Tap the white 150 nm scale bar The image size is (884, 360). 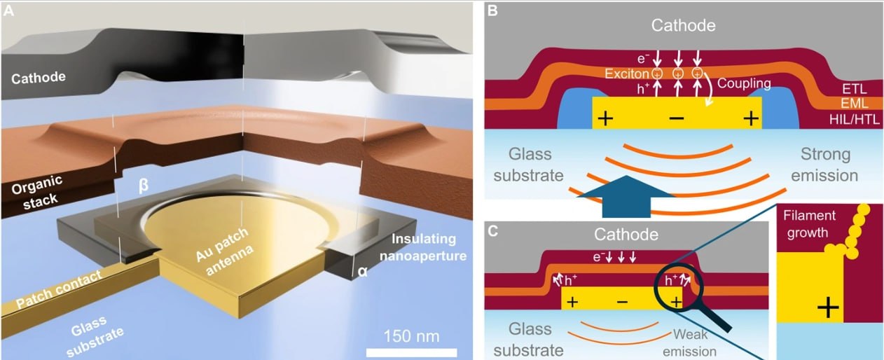click(x=411, y=350)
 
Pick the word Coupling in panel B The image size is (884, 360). click(x=744, y=83)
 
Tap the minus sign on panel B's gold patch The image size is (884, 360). click(x=676, y=118)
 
